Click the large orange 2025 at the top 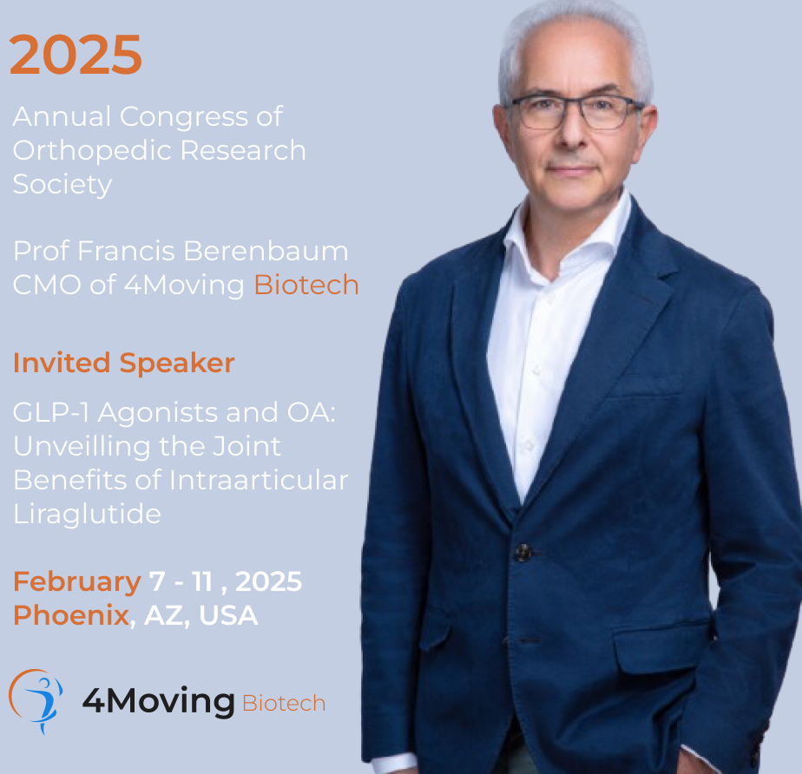76,55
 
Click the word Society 62,185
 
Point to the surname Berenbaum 266,251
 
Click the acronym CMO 47,285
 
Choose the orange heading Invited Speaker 124,364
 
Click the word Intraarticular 259,481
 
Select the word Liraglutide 87,514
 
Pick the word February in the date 77,582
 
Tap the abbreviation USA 228,615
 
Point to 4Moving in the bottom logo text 159,701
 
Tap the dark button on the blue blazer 523,552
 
